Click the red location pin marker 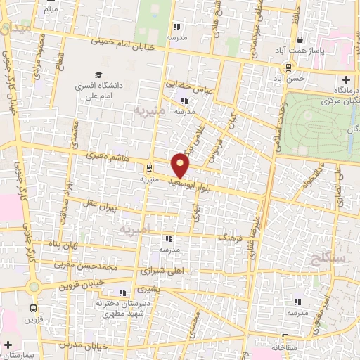181,165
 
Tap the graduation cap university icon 98,75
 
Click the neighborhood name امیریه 131,229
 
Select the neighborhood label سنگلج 326,259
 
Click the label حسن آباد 290,79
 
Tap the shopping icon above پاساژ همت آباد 300,40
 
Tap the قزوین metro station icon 33,308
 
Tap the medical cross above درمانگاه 345,79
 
